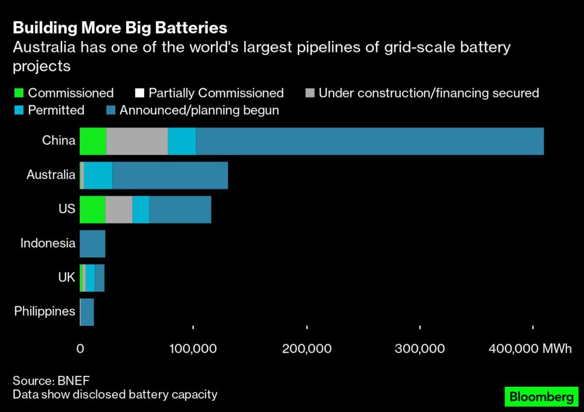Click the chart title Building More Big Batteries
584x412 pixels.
click(x=120, y=28)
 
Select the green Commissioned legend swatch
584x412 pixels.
click(x=18, y=93)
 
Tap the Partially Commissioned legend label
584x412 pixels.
click(x=216, y=93)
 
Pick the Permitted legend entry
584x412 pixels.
click(x=56, y=110)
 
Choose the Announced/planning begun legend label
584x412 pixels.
click(x=199, y=110)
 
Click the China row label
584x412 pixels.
click(x=59, y=140)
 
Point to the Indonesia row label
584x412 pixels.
click(x=48, y=243)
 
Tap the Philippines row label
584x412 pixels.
click(x=45, y=312)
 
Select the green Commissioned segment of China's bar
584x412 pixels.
click(x=93, y=141)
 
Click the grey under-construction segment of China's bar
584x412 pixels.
click(x=137, y=141)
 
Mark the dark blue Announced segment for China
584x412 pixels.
click(x=370, y=141)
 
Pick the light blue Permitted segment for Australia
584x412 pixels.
click(x=98, y=175)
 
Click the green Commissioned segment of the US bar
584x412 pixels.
click(x=92, y=209)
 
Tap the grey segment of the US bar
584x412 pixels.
click(x=119, y=209)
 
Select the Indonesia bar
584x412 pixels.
click(x=92, y=244)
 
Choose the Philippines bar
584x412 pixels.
click(x=87, y=312)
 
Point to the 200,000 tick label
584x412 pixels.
click(x=307, y=349)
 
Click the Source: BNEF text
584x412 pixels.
click(x=52, y=380)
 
